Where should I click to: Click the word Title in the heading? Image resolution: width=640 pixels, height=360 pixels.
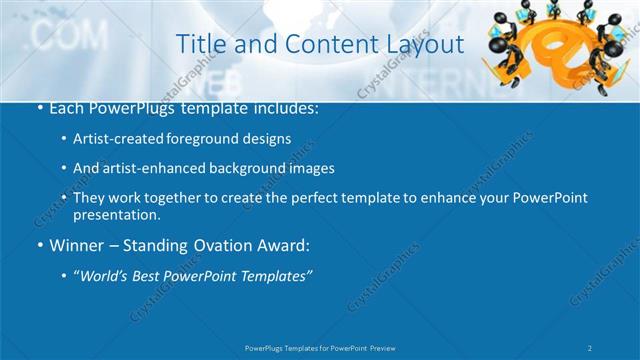pyautogui.click(x=200, y=44)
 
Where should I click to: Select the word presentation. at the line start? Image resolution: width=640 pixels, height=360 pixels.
pyautogui.click(x=116, y=215)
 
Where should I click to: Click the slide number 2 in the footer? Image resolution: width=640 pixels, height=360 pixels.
pyautogui.click(x=591, y=347)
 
